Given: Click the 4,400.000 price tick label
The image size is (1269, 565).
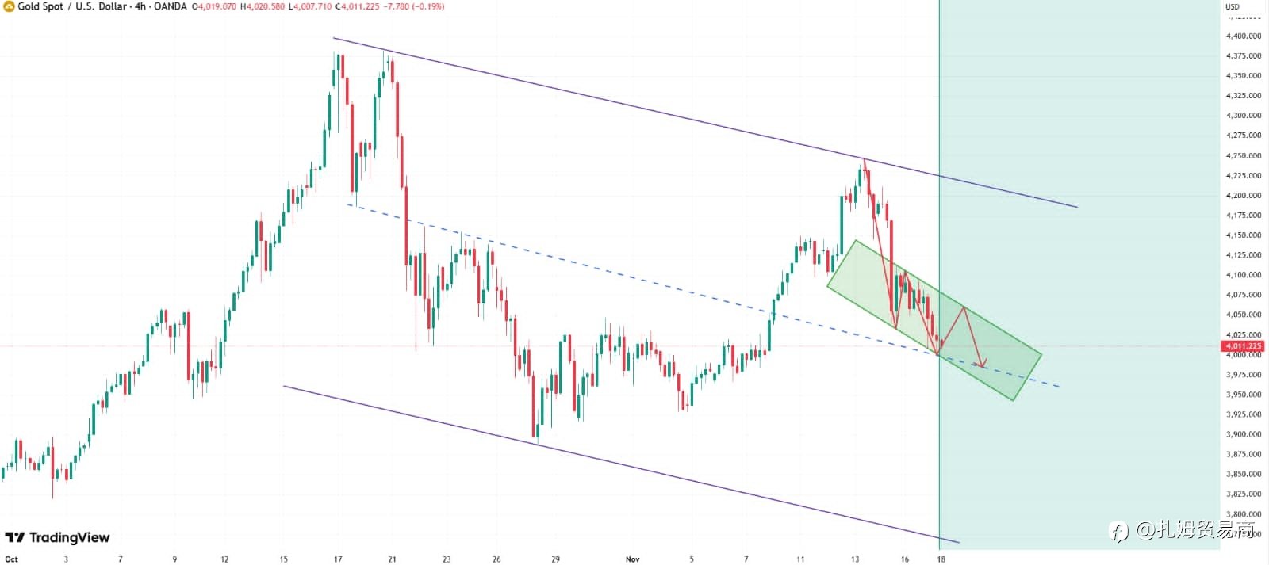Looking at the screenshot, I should pyautogui.click(x=1243, y=36).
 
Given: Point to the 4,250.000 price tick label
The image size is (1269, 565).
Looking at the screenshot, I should pyautogui.click(x=1243, y=155).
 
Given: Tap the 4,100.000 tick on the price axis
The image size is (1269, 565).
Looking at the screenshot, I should pyautogui.click(x=1243, y=275).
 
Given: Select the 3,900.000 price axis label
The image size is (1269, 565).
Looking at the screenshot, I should pyautogui.click(x=1243, y=434).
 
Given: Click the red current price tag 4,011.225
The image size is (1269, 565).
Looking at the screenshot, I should pyautogui.click(x=1243, y=346).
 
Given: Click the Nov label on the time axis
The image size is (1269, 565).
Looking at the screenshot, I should pyautogui.click(x=632, y=559).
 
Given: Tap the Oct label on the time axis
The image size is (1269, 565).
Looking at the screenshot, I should pyautogui.click(x=12, y=559).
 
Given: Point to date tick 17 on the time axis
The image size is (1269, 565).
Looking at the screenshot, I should pyautogui.click(x=338, y=559).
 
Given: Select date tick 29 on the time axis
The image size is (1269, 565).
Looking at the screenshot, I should pyautogui.click(x=555, y=559).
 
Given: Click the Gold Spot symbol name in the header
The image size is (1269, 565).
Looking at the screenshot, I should pyautogui.click(x=40, y=6).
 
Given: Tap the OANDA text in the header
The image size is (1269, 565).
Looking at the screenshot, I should pyautogui.click(x=171, y=6).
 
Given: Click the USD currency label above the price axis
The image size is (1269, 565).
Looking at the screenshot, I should pyautogui.click(x=1233, y=6).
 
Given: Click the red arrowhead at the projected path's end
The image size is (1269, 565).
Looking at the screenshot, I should pyautogui.click(x=982, y=365).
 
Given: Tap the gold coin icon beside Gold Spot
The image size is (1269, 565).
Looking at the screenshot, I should pyautogui.click(x=9, y=6).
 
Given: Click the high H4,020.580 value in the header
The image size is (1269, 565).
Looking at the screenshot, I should pyautogui.click(x=262, y=6).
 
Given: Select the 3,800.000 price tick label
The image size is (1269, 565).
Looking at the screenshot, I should pyautogui.click(x=1243, y=514).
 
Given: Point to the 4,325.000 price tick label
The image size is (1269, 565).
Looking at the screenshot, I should pyautogui.click(x=1243, y=95).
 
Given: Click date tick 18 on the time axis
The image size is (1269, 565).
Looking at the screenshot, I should pyautogui.click(x=941, y=559).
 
